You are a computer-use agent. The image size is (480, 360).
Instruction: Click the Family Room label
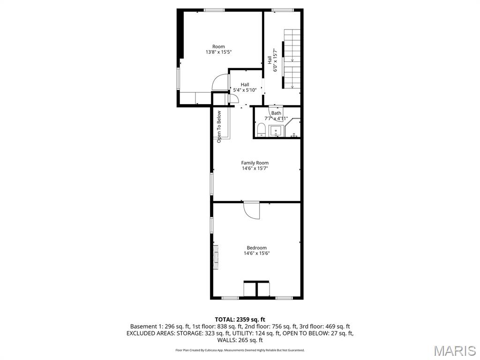click(255, 163)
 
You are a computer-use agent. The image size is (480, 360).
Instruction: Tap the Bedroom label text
click(256, 248)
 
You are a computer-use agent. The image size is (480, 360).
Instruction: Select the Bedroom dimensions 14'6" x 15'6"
click(256, 254)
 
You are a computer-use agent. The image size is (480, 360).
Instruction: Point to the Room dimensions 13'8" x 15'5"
click(218, 52)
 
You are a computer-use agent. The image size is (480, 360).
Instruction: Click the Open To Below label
click(219, 126)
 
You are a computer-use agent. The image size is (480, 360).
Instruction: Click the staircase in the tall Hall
click(292, 59)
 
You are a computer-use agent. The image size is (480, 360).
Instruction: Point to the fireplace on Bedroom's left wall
click(216, 257)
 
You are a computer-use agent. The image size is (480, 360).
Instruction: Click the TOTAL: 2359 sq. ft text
click(240, 319)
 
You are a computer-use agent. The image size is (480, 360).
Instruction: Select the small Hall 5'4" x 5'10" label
click(245, 87)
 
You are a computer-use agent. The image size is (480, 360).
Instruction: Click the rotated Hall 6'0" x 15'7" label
click(272, 60)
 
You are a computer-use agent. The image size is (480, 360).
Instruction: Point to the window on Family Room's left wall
click(211, 184)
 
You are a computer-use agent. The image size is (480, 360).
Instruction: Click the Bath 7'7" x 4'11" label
click(276, 116)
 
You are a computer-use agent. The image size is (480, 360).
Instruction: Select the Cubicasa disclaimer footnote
click(240, 350)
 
